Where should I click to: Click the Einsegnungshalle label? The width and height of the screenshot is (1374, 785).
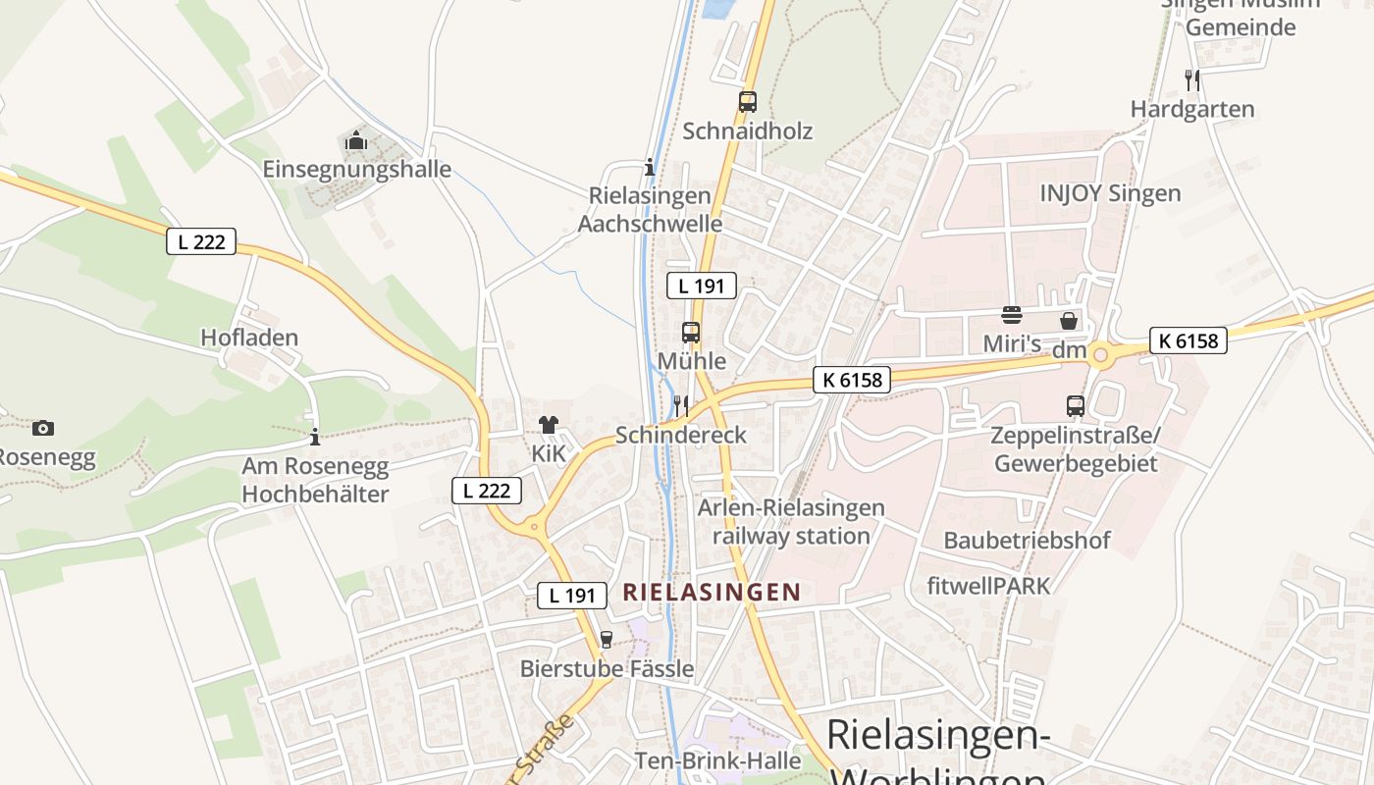356,169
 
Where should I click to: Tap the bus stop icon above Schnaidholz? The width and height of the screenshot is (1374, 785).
748,101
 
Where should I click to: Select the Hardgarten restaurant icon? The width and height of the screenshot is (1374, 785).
1192,79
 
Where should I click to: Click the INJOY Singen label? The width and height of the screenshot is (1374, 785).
1110,192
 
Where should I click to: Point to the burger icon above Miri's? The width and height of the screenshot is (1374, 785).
1012,316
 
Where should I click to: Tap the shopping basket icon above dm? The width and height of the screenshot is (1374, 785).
1069,321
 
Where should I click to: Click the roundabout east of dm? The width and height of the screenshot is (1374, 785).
1100,354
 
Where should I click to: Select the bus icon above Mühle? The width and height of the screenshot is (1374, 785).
691,332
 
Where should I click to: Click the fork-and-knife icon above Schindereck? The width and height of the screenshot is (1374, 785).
680,405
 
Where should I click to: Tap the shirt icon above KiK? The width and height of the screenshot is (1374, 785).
548,425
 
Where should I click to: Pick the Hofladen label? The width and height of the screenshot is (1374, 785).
249,338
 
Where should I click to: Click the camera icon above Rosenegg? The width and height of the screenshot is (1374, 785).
42,428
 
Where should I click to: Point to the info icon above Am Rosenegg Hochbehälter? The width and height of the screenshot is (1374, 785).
314,437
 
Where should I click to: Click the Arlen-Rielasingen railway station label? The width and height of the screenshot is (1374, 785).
791,522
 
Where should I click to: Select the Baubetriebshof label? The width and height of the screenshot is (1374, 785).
1027,540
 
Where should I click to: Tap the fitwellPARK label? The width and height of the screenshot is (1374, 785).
988,586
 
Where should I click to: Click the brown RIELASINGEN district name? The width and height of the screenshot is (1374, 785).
712,592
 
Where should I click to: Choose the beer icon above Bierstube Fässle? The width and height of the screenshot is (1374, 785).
606,640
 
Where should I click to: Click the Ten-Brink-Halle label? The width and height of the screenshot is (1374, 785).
717,760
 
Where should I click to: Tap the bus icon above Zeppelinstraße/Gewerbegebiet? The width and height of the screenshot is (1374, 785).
1076,405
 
